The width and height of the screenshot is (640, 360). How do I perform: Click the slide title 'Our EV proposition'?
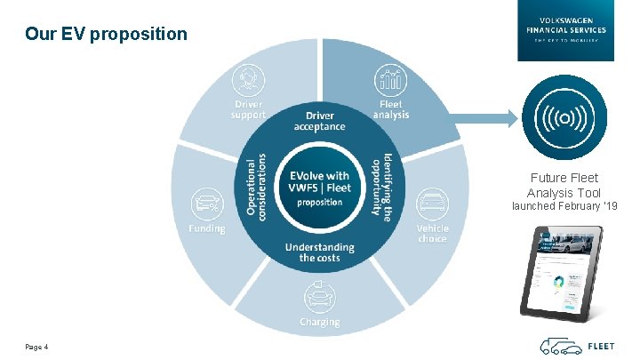pyautogui.click(x=107, y=35)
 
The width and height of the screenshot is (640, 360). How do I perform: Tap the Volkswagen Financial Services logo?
pyautogui.click(x=565, y=30)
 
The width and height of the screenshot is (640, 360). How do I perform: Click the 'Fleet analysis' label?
pyautogui.click(x=390, y=110)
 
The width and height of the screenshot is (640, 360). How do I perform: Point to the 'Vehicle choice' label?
pyautogui.click(x=433, y=233)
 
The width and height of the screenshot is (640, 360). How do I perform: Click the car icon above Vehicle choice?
pyautogui.click(x=432, y=204)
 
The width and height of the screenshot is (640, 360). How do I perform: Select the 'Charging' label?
pyautogui.click(x=318, y=321)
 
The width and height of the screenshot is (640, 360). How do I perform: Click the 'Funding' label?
pyautogui.click(x=206, y=228)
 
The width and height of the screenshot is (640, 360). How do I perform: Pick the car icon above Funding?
pyautogui.click(x=206, y=202)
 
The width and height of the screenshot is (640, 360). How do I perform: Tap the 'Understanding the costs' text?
pyautogui.click(x=319, y=252)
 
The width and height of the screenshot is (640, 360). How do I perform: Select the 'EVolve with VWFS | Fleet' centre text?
pyautogui.click(x=319, y=181)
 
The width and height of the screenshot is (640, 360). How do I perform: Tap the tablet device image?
pyautogui.click(x=560, y=272)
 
